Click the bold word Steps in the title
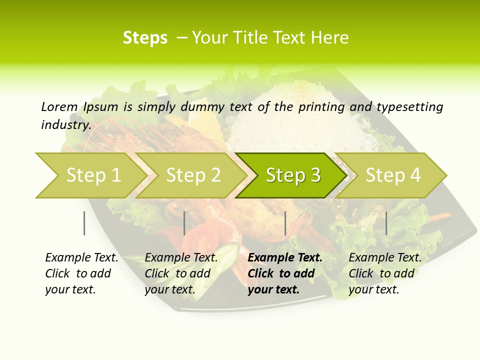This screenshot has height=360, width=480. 145,38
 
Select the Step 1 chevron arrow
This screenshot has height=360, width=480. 90,175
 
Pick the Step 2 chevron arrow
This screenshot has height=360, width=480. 191,175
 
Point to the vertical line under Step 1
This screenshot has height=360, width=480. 84,223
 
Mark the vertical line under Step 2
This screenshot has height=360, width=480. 184,223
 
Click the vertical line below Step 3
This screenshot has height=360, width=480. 285,223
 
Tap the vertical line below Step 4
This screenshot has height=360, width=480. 386,223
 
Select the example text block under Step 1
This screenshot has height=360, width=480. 81,273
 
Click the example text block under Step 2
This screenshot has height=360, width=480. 181,273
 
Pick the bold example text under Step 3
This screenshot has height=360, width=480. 285,273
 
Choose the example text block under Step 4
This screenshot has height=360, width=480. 385,273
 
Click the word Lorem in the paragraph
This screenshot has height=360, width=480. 59,106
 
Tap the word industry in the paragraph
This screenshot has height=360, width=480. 65,124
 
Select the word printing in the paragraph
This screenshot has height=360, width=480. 321,107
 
